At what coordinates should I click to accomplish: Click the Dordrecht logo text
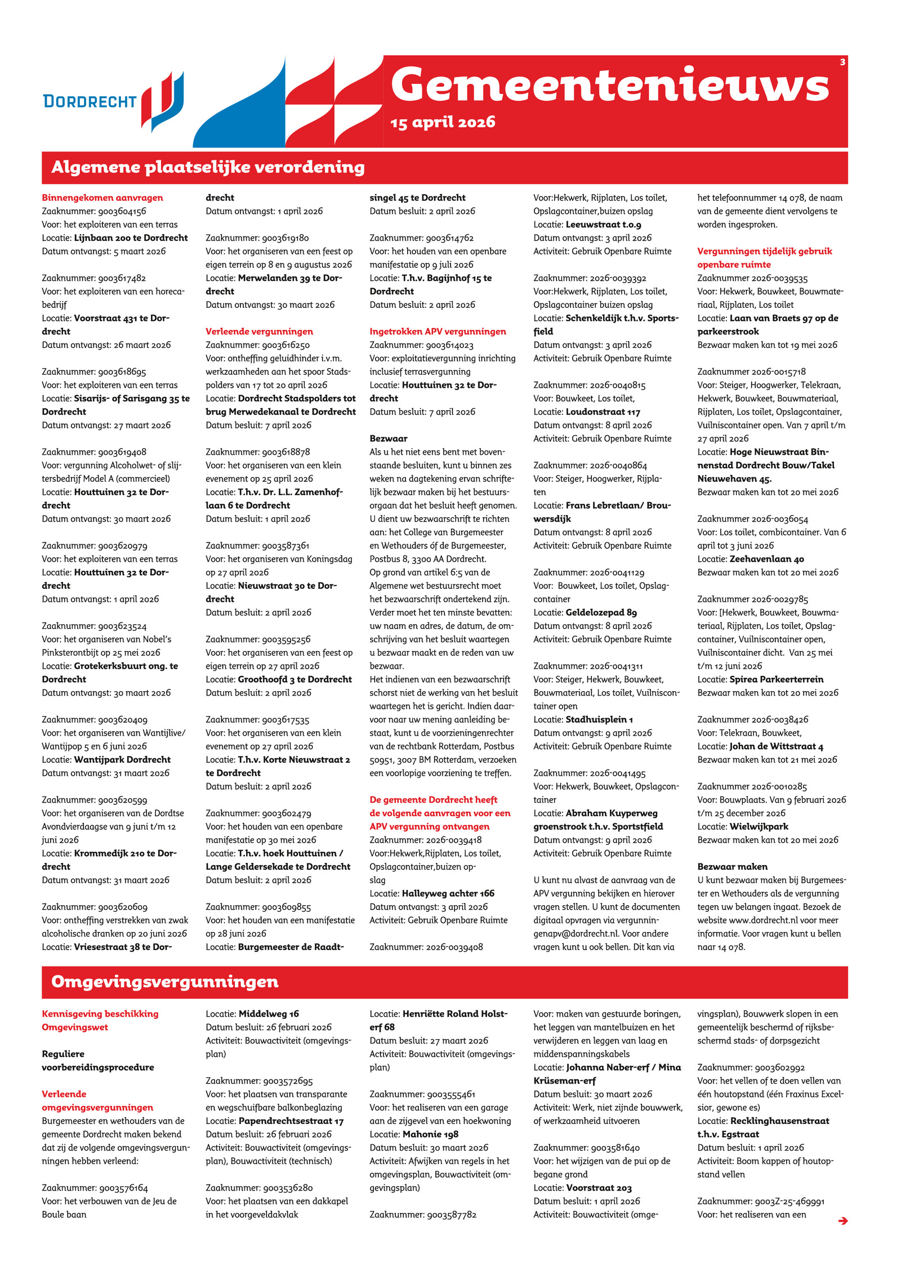tap(90, 101)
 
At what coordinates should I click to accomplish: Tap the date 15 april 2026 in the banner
tap(443, 122)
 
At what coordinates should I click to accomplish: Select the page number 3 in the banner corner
tap(842, 62)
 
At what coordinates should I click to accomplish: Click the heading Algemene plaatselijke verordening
tap(208, 167)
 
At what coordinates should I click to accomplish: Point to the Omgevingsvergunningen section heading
tap(164, 982)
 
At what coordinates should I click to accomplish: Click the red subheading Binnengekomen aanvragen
tap(102, 198)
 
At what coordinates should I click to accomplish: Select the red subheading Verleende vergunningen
tap(259, 332)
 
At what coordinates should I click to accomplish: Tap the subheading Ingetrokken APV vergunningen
tap(438, 332)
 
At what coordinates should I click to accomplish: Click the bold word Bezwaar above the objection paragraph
tap(388, 438)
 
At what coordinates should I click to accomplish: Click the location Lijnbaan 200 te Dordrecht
tap(131, 238)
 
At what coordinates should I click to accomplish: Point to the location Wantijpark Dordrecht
tap(122, 759)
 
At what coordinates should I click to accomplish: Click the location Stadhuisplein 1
tap(599, 719)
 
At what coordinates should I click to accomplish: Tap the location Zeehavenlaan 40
tap(766, 559)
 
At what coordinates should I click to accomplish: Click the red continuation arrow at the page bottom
tap(842, 1220)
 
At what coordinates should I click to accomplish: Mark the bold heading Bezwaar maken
tap(732, 867)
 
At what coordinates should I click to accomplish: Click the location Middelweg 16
tap(269, 1014)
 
